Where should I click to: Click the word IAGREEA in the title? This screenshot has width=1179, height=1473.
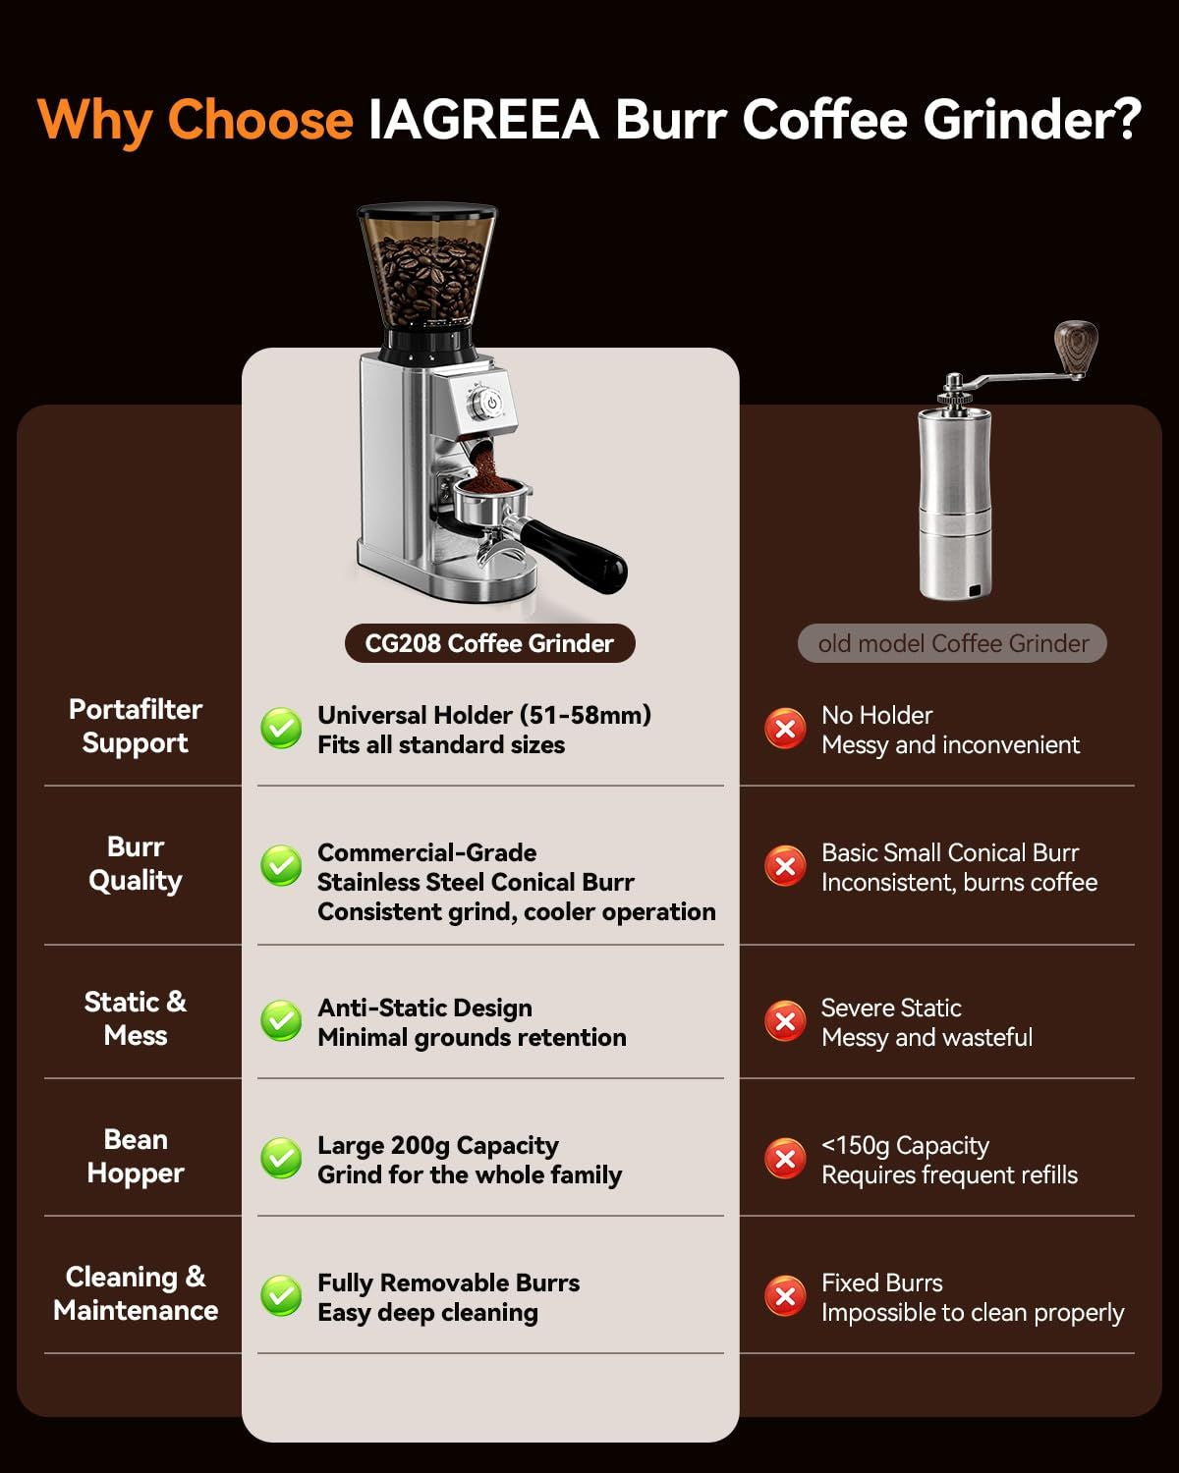(x=483, y=120)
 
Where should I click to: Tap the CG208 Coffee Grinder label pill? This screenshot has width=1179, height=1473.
(x=490, y=643)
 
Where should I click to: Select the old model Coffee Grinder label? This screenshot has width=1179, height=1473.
(x=952, y=643)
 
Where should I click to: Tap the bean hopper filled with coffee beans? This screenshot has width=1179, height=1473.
(x=427, y=270)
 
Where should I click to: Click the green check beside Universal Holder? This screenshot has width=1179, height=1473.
(x=281, y=728)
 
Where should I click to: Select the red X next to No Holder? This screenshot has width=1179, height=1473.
(x=785, y=729)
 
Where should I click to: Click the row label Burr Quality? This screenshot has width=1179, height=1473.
(x=136, y=864)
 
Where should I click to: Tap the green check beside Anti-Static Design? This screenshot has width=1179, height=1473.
(x=281, y=1020)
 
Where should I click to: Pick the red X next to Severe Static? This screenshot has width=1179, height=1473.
(x=785, y=1021)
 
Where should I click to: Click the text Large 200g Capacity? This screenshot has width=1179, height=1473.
(x=438, y=1145)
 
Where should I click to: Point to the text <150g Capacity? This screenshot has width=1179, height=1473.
(x=905, y=1145)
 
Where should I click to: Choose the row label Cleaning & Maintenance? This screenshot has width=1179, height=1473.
(x=136, y=1293)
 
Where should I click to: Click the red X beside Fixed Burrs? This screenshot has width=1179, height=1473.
(x=785, y=1295)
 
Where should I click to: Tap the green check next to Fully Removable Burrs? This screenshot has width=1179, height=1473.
(x=281, y=1295)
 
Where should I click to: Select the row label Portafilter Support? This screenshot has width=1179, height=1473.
(x=136, y=727)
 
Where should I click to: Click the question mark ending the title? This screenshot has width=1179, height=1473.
(x=1125, y=119)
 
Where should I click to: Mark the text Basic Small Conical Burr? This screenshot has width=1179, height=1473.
(x=950, y=852)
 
